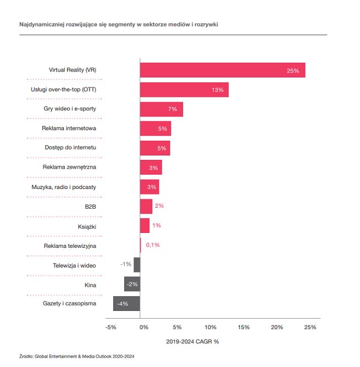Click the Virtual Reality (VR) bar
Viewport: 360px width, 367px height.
222,70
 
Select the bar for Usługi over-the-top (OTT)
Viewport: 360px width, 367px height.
184,90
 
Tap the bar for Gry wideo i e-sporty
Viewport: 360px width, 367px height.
161,109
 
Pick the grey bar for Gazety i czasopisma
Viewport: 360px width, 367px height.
126,303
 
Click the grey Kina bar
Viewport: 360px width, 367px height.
132,284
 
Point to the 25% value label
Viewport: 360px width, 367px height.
292,71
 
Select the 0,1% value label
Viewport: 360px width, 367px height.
152,245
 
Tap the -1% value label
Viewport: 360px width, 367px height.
125,264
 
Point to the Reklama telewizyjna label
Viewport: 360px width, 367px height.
70,246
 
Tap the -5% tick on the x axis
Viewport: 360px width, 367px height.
110,327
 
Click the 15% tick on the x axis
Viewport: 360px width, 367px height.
243,327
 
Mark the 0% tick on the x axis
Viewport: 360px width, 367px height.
143,327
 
